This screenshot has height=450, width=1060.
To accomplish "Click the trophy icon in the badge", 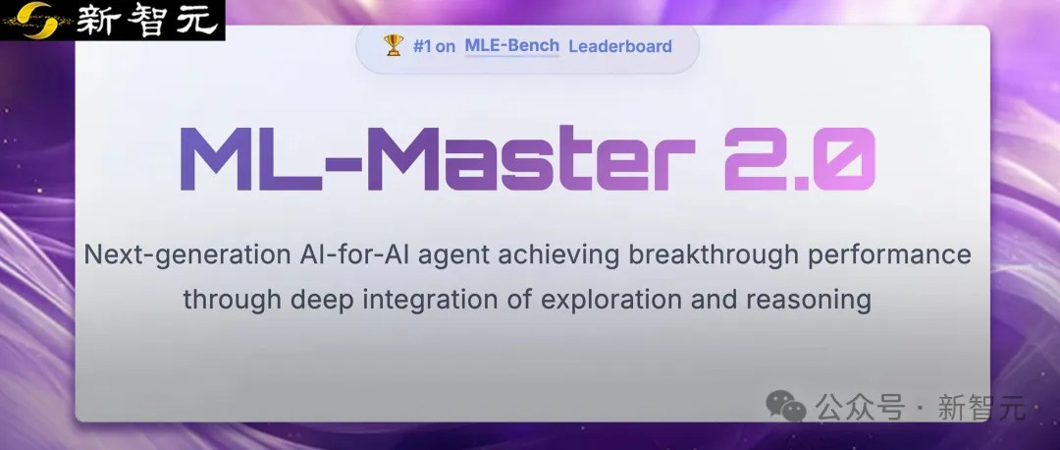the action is (x=394, y=45).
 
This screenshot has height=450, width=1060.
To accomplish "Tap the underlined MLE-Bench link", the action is (x=511, y=45).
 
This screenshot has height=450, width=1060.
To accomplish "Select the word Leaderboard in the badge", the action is (x=620, y=46).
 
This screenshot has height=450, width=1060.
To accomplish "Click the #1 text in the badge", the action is (x=422, y=46).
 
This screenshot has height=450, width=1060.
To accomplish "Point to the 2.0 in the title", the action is (x=800, y=159).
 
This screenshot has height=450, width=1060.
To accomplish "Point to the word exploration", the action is (x=611, y=300).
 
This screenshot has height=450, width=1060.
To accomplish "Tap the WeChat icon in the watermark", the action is (x=786, y=406).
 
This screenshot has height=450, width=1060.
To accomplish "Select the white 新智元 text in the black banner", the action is (x=147, y=20).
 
